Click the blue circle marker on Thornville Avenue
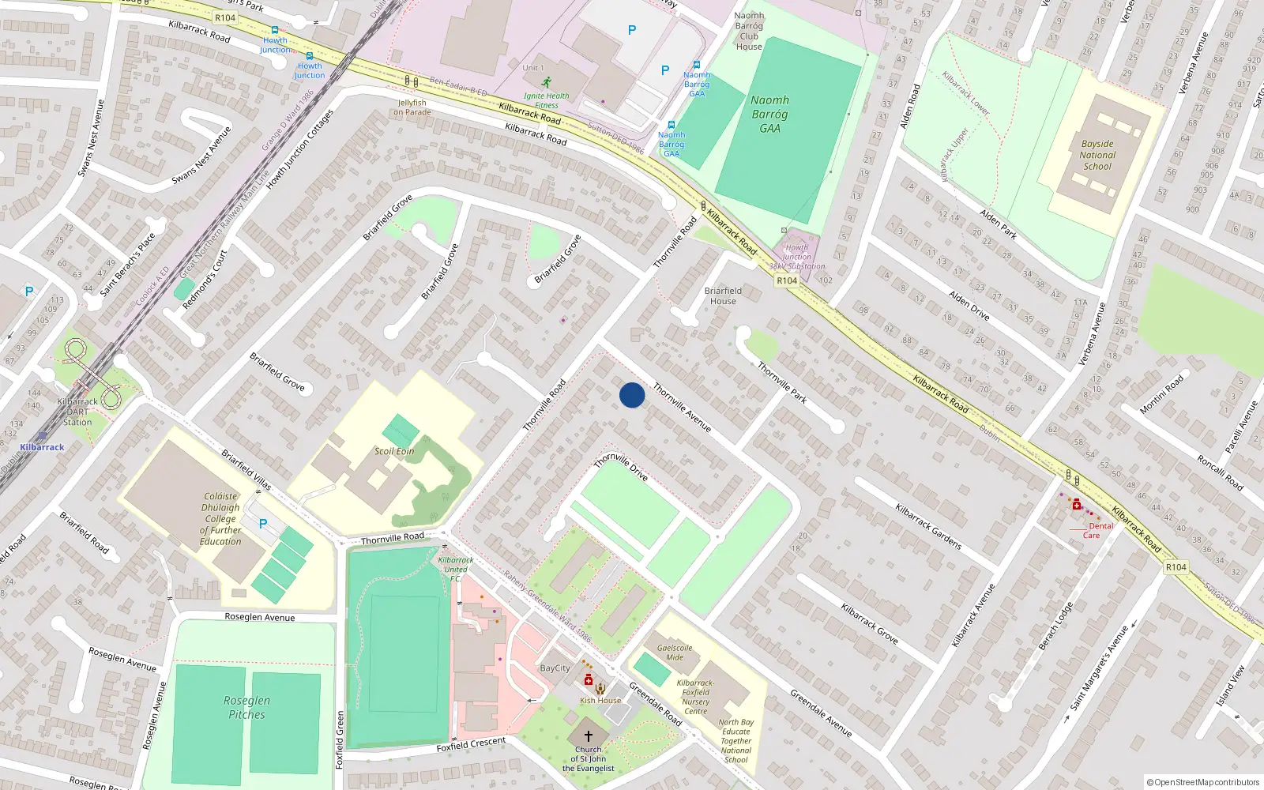pos(632,395)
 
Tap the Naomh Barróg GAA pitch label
pos(769,114)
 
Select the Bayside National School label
pos(1097,155)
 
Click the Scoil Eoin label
pos(394,451)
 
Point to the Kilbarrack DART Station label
pos(77,412)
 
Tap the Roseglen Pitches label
pos(246,707)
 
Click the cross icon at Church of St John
pos(588,735)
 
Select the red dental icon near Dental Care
pos(1076,504)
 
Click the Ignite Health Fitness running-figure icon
pos(547,81)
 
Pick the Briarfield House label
pos(723,295)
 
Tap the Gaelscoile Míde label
pos(675,652)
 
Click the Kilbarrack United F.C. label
pos(456,569)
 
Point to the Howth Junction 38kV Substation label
pos(796,257)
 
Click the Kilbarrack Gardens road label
pos(928,526)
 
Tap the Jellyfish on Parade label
pos(412,107)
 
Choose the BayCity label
pos(555,668)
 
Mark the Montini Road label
pos(1161,394)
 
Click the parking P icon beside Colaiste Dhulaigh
pos(263,523)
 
